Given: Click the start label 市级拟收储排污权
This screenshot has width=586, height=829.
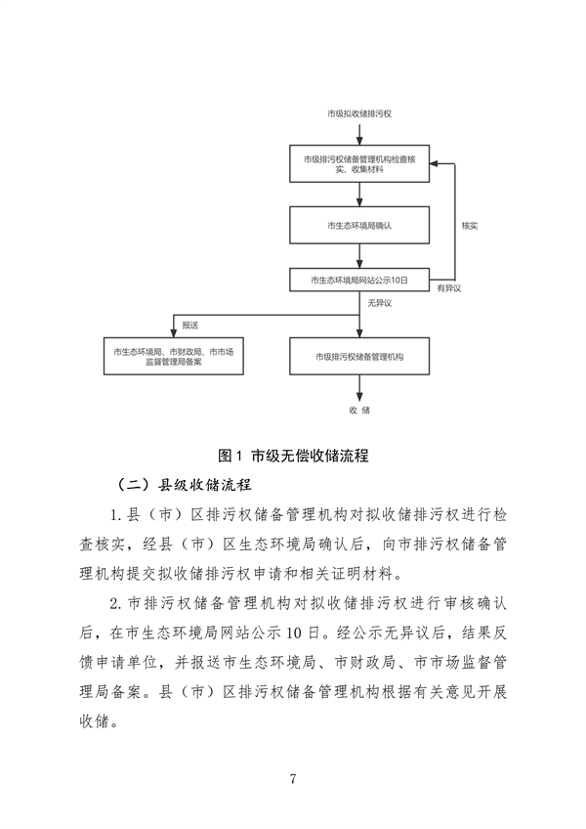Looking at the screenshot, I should (x=359, y=114).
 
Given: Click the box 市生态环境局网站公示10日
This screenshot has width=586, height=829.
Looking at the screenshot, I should (x=360, y=280).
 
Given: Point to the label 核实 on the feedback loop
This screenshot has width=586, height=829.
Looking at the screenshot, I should (x=469, y=226).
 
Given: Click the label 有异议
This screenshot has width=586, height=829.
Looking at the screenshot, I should (x=448, y=290).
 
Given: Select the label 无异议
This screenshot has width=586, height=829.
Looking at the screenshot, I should (x=379, y=303).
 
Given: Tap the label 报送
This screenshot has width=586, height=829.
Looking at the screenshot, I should (x=190, y=323).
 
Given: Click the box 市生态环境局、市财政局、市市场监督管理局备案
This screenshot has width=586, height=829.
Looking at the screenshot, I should (x=172, y=356).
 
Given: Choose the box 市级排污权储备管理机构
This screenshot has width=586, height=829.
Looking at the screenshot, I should (x=360, y=356).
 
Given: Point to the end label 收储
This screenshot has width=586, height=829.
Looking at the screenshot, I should (x=359, y=411).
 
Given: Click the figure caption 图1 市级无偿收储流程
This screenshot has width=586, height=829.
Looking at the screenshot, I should (x=292, y=455).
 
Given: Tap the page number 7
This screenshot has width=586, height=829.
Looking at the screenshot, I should (x=292, y=778).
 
